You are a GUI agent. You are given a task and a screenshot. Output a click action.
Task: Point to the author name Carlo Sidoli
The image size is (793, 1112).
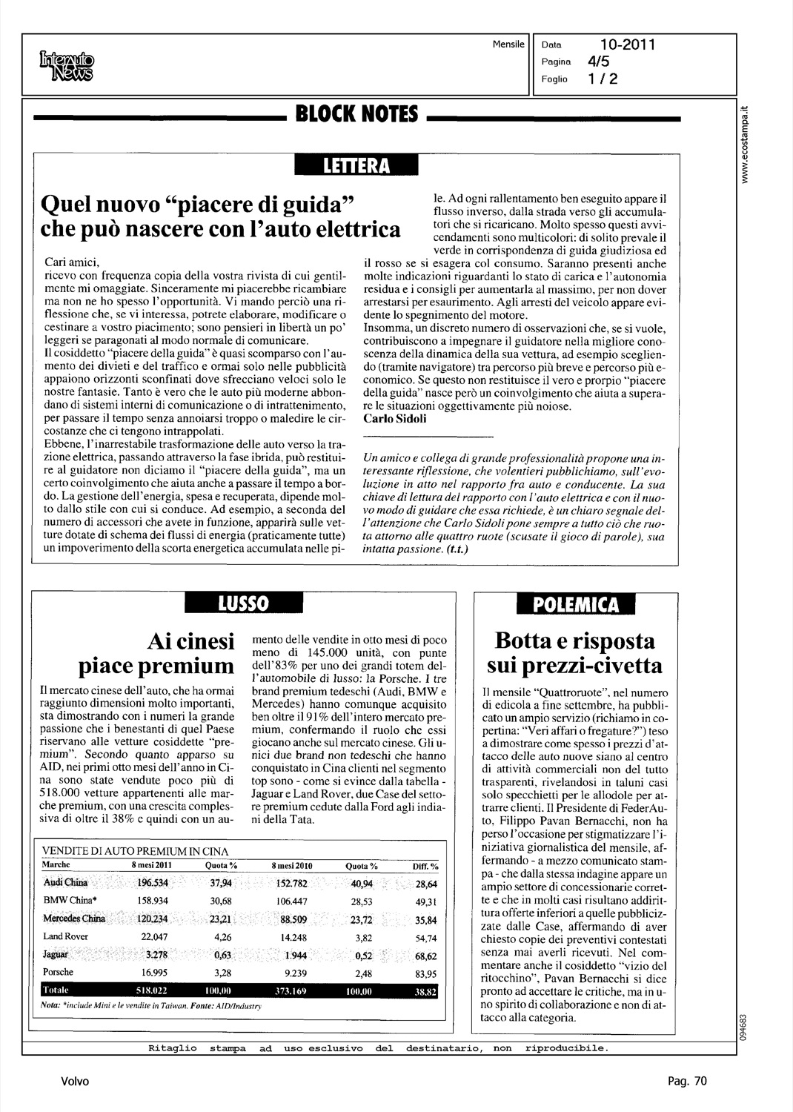pos(395,419)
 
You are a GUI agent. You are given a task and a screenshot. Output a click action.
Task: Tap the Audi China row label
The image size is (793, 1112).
pos(66,883)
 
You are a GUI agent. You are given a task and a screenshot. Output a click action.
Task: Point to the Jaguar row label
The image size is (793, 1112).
pos(56,955)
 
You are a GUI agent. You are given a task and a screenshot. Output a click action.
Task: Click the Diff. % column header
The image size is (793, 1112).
pos(425,866)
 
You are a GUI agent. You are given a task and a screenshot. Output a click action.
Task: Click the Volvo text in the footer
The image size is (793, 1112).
pos(75,1082)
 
